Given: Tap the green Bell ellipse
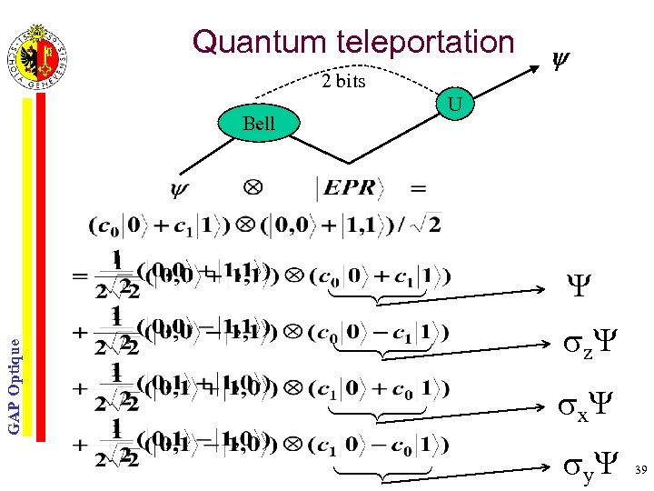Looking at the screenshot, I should [259, 124].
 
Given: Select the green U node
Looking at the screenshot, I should [456, 107].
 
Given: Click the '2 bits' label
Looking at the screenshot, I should [343, 82].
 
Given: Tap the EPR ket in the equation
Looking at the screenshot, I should [350, 188].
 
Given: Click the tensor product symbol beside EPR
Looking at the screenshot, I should [253, 187].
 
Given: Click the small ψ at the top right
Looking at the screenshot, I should [561, 62].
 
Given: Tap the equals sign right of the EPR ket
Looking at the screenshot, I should [419, 188].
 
